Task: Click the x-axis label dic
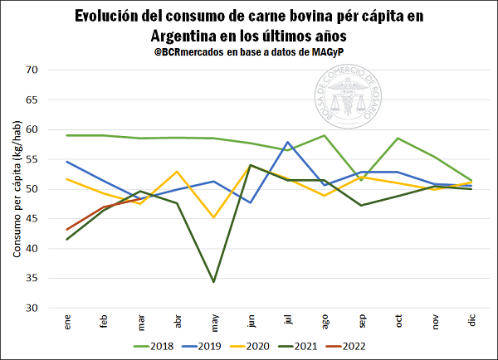pyautogui.click(x=472, y=321)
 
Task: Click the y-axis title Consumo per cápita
pyautogui.click(x=17, y=189)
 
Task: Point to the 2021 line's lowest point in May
pyautogui.click(x=214, y=282)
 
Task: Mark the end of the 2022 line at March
pyautogui.click(x=140, y=199)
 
